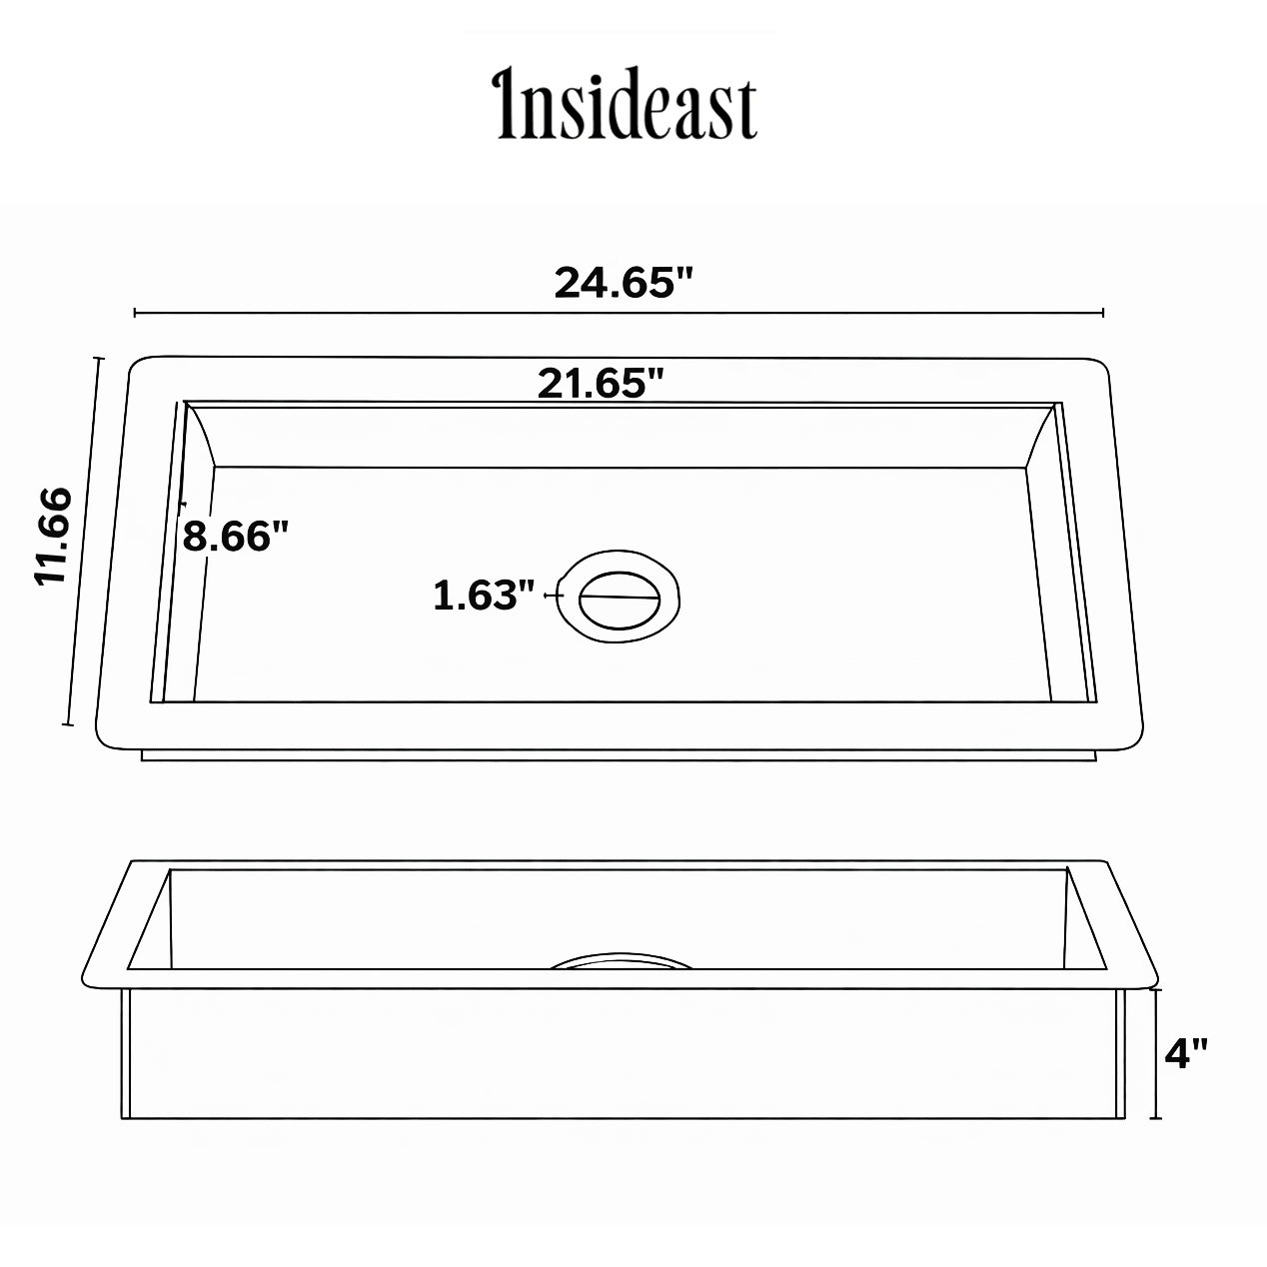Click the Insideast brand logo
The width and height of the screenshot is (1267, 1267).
[x=627, y=104]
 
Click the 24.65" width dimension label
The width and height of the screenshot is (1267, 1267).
[x=624, y=283]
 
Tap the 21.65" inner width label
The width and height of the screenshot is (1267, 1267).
[x=602, y=383]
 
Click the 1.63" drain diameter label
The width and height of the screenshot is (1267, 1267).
[x=484, y=596]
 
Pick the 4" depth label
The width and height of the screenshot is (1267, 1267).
[x=1187, y=1053]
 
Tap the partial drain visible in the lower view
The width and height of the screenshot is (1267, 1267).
[x=622, y=960]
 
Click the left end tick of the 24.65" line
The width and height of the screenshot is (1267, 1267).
[x=135, y=313]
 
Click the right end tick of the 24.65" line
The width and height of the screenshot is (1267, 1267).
[x=1103, y=313]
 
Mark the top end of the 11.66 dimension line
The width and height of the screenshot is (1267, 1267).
[x=98, y=358]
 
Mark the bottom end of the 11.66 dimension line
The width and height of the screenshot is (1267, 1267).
[x=66, y=724]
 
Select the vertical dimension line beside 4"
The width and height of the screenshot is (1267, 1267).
[x=1157, y=1053]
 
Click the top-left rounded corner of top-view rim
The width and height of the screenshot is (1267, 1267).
[x=136, y=364]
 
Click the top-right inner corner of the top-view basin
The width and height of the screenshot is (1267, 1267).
[x=1059, y=405]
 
